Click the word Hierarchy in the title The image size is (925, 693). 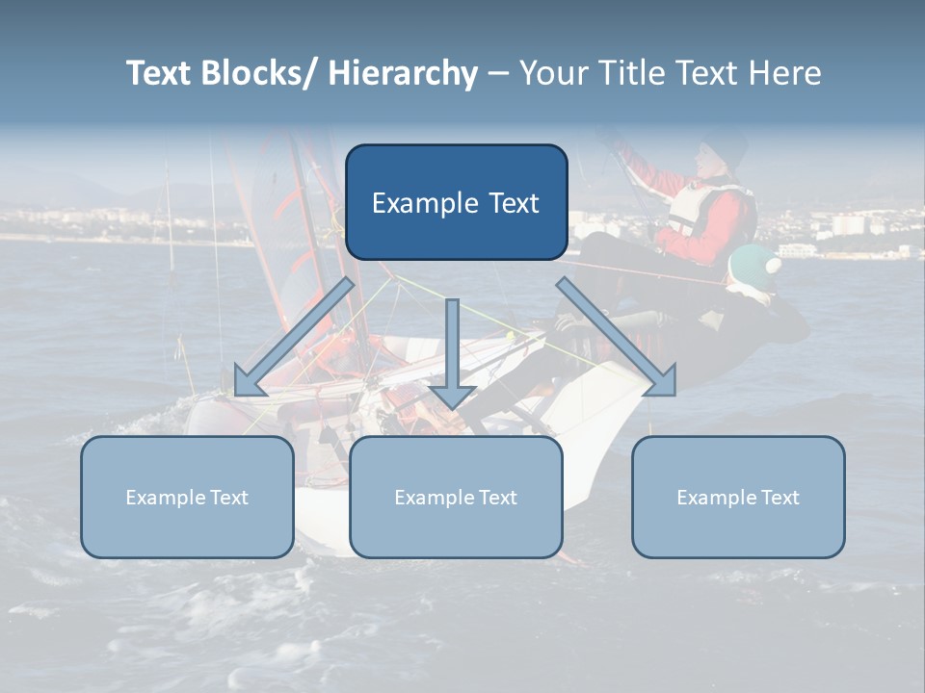[403, 74]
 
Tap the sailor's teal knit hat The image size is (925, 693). [753, 263]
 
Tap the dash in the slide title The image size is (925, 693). [498, 74]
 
